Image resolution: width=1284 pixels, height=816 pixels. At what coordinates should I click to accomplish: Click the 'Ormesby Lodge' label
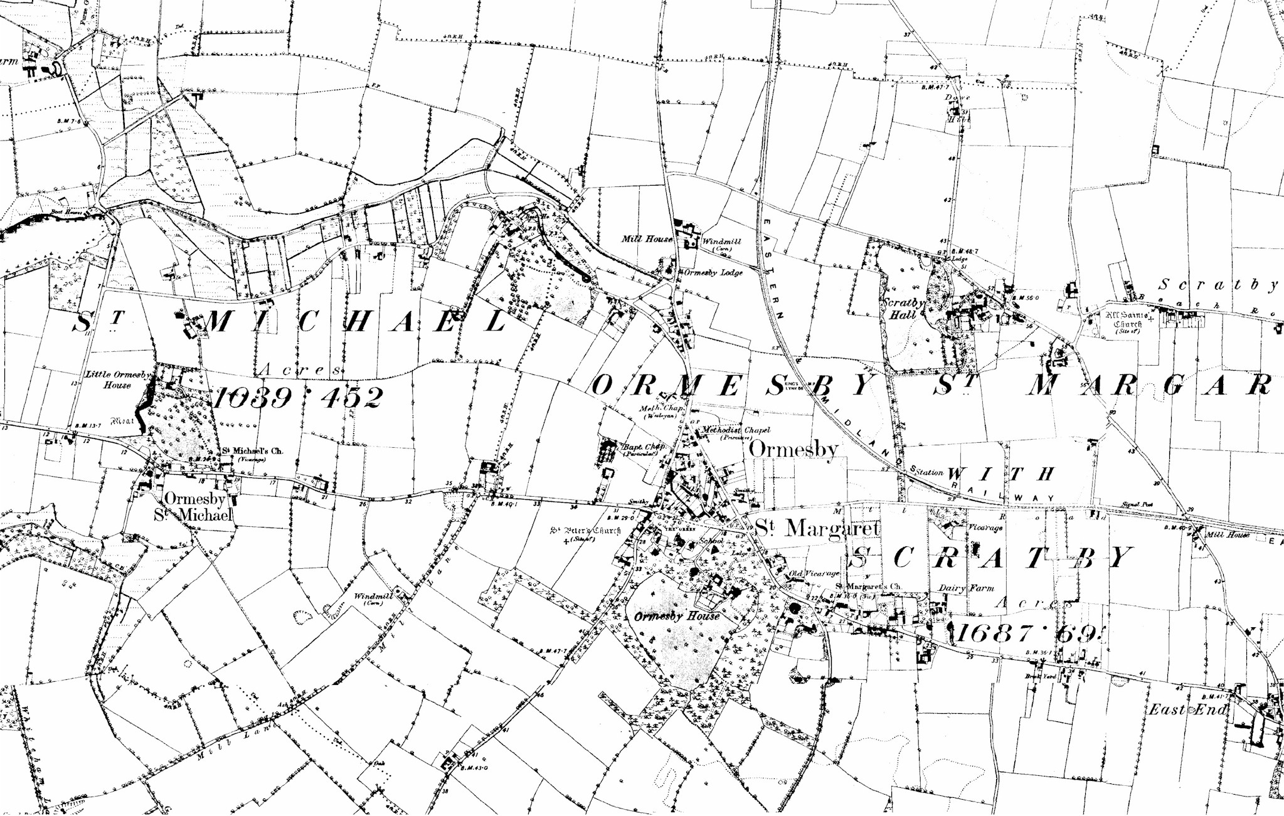(713, 273)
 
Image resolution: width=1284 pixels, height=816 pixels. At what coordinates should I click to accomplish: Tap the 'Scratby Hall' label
(903, 309)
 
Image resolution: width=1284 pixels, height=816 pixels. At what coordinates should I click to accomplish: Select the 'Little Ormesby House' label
(117, 379)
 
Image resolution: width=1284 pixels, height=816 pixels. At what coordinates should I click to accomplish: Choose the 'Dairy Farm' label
(966, 588)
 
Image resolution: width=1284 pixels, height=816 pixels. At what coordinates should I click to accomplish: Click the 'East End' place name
(1187, 710)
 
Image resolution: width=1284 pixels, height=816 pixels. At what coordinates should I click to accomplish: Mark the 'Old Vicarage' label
(814, 574)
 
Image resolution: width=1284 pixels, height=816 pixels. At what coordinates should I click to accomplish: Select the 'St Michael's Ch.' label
(253, 451)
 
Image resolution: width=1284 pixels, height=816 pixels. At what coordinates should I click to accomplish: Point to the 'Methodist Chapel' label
(736, 430)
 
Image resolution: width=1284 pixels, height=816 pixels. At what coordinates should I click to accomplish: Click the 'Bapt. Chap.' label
(643, 447)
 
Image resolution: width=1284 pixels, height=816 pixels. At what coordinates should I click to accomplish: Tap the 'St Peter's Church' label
(585, 531)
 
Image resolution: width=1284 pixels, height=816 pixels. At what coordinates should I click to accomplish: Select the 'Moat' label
(122, 421)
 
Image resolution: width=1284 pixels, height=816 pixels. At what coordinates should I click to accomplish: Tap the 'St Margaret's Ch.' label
(867, 587)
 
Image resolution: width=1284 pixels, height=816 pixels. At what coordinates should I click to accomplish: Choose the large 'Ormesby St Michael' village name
(194, 507)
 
